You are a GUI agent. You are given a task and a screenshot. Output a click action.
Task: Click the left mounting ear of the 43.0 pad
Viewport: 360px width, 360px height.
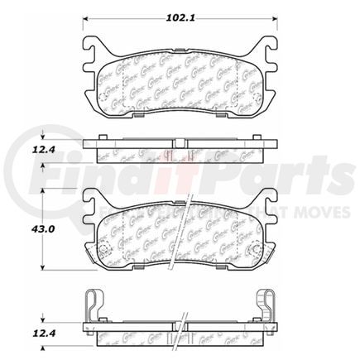[x=94, y=201]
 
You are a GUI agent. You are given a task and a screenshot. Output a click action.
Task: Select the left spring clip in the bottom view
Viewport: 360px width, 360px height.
[x=94, y=304]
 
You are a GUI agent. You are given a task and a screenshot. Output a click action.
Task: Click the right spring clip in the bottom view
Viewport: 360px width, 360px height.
[x=266, y=304]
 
